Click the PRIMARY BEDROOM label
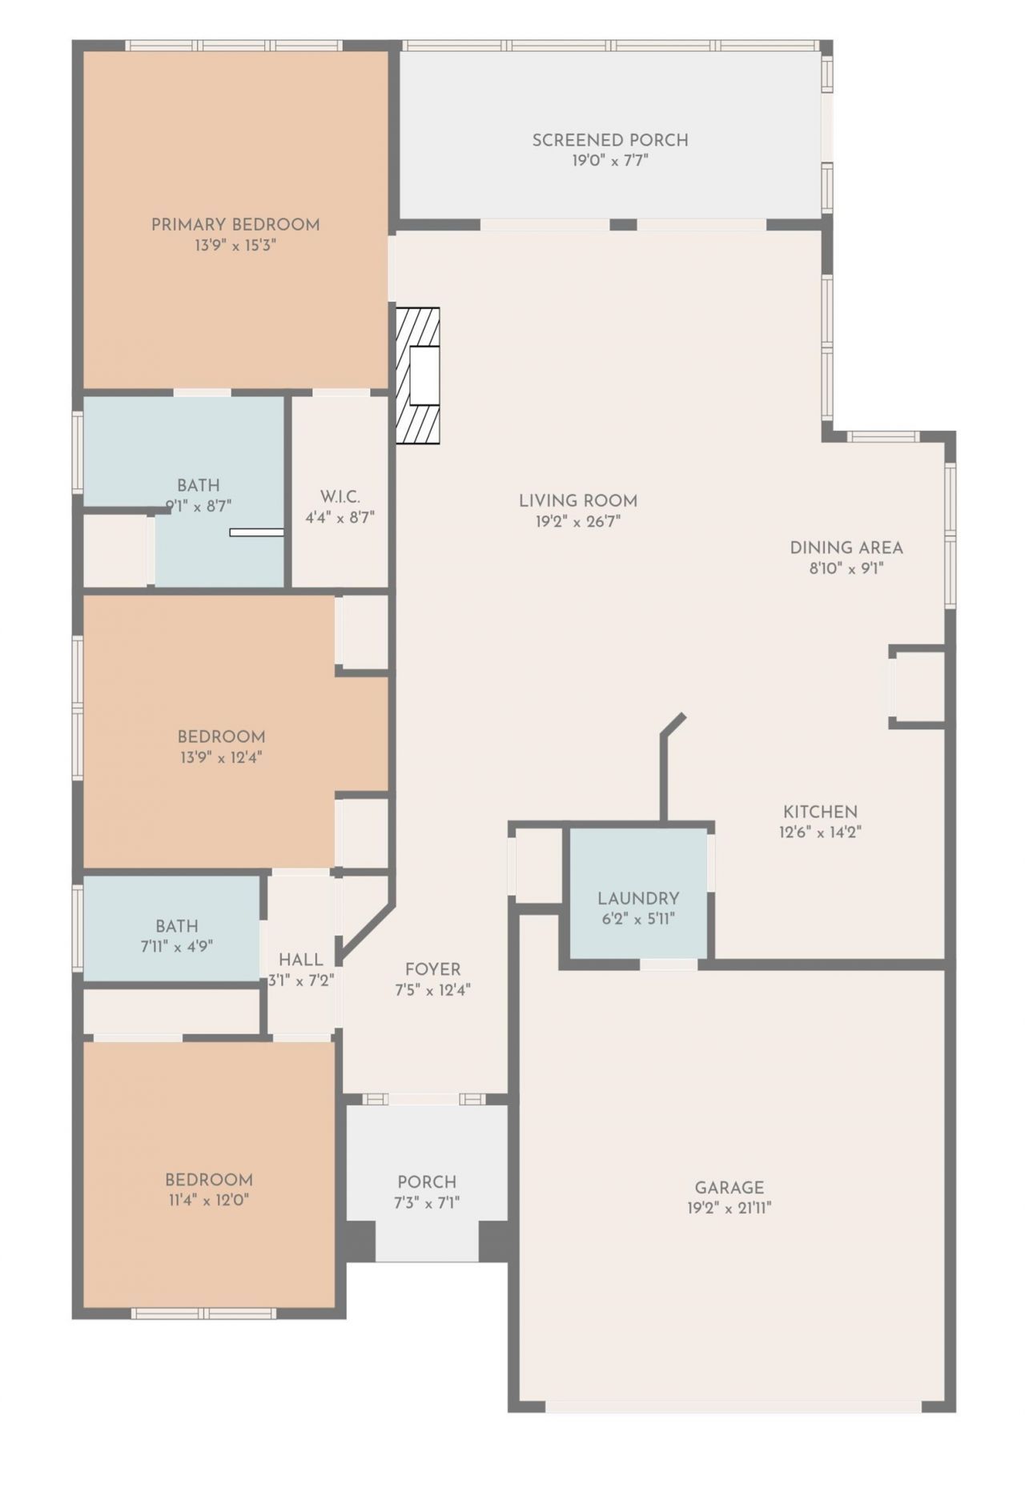click(235, 225)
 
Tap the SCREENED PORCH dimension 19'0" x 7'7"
click(610, 161)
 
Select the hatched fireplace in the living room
click(418, 375)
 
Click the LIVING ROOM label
click(578, 501)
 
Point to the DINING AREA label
click(846, 548)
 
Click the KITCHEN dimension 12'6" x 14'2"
click(820, 832)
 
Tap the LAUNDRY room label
click(638, 898)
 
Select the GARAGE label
click(729, 1188)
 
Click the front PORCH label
click(427, 1181)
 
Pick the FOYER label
click(432, 969)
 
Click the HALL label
click(301, 959)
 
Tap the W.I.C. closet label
click(340, 497)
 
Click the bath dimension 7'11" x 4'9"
click(176, 946)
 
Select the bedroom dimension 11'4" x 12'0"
click(209, 1201)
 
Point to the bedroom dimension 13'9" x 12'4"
click(221, 757)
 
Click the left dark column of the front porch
click(360, 1241)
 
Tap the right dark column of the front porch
click(494, 1241)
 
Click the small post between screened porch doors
click(623, 225)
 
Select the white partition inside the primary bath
click(256, 532)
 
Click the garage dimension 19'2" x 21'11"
click(729, 1209)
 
